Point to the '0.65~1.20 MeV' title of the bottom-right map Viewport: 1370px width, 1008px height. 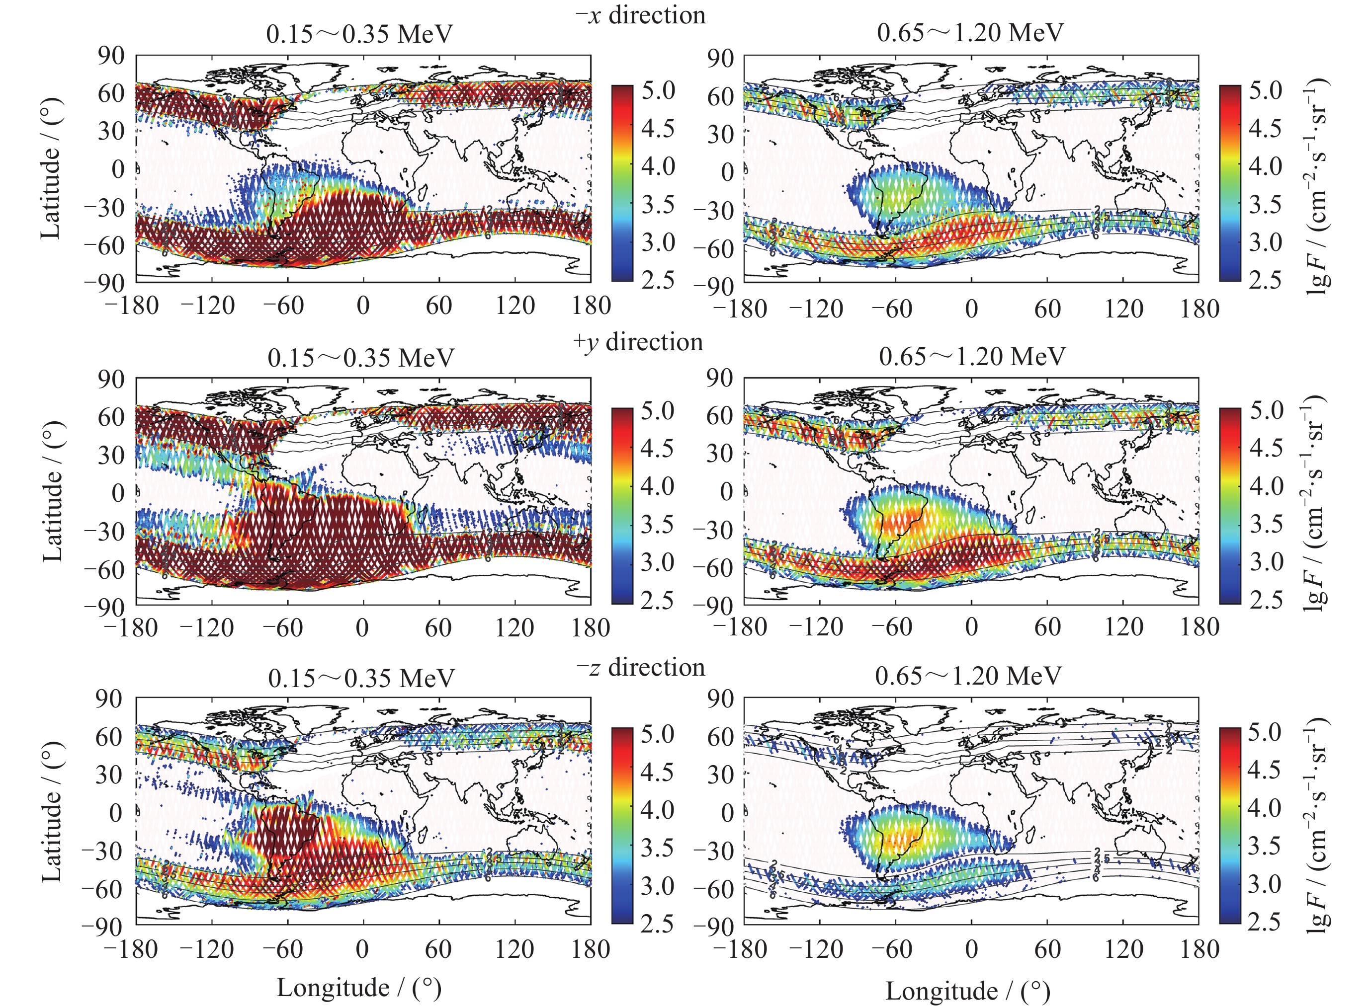[968, 676]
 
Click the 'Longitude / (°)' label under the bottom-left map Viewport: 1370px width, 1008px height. [359, 987]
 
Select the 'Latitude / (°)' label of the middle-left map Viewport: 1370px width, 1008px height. [53, 491]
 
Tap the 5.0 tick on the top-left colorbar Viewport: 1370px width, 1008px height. [658, 90]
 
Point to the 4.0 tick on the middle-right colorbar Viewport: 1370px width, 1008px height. [1266, 486]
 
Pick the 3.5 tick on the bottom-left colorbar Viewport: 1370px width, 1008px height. [658, 848]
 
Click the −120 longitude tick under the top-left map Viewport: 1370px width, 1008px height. [208, 305]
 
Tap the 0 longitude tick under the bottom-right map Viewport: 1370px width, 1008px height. [971, 949]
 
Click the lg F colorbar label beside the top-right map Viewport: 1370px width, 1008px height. [1319, 183]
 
